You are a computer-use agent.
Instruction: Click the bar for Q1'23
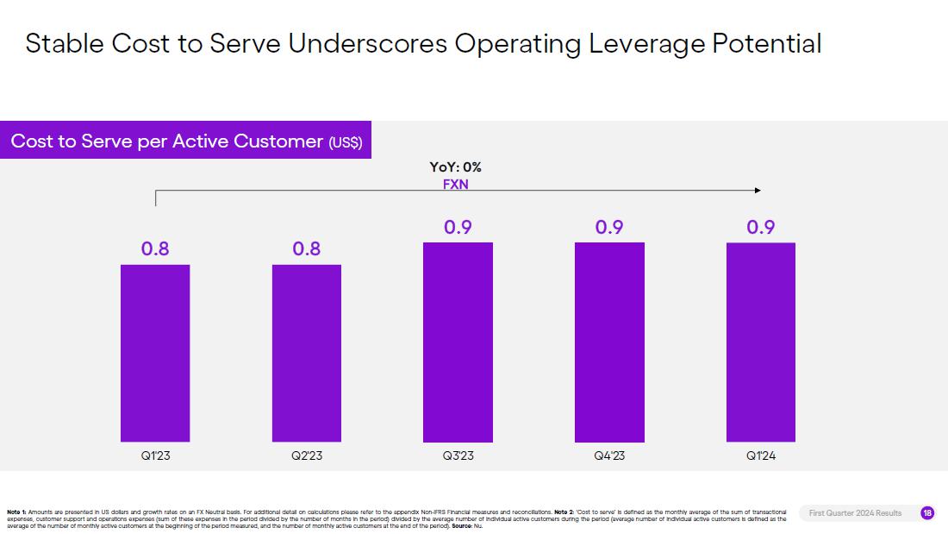[x=155, y=353]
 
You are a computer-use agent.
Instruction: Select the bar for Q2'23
[x=307, y=353]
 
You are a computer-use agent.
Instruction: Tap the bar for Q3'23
[x=458, y=342]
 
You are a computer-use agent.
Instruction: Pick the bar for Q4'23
[x=609, y=342]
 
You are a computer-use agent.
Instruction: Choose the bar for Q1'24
[x=761, y=342]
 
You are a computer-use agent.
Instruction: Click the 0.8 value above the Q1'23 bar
[x=155, y=249]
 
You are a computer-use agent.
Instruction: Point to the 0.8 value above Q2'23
[x=307, y=249]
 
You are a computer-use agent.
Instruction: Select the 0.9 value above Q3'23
[x=458, y=228]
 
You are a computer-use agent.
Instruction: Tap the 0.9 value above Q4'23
[x=609, y=228]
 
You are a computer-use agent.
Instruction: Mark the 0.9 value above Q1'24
[x=761, y=228]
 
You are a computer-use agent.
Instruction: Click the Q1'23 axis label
[x=155, y=455]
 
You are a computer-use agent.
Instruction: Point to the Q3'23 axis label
[x=458, y=455]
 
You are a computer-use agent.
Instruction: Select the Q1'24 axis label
[x=761, y=455]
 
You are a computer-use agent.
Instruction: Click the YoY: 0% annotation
[x=456, y=167]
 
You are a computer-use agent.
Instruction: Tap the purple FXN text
[x=456, y=184]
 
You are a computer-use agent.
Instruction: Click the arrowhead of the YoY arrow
[x=758, y=190]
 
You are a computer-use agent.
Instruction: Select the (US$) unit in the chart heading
[x=346, y=142]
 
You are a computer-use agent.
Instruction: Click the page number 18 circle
[x=927, y=513]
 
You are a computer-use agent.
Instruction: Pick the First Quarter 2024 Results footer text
[x=855, y=513]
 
